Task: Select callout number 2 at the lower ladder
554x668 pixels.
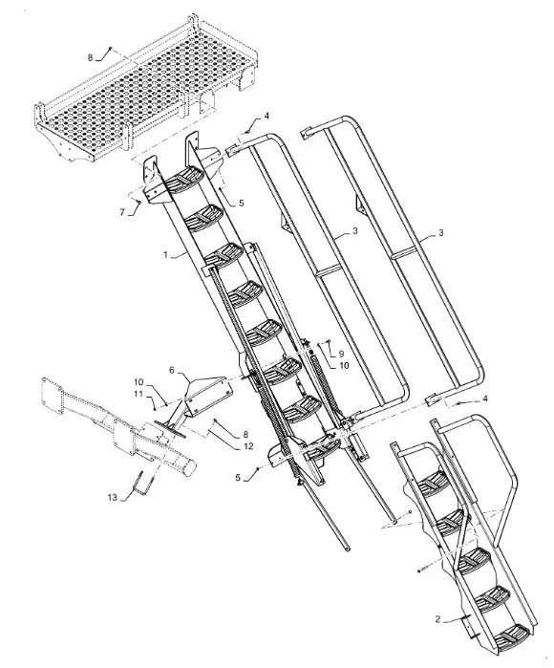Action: [437, 618]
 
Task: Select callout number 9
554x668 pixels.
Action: [340, 354]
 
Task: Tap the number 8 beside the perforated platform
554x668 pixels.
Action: [91, 58]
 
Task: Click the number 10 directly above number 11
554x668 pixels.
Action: [138, 381]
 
